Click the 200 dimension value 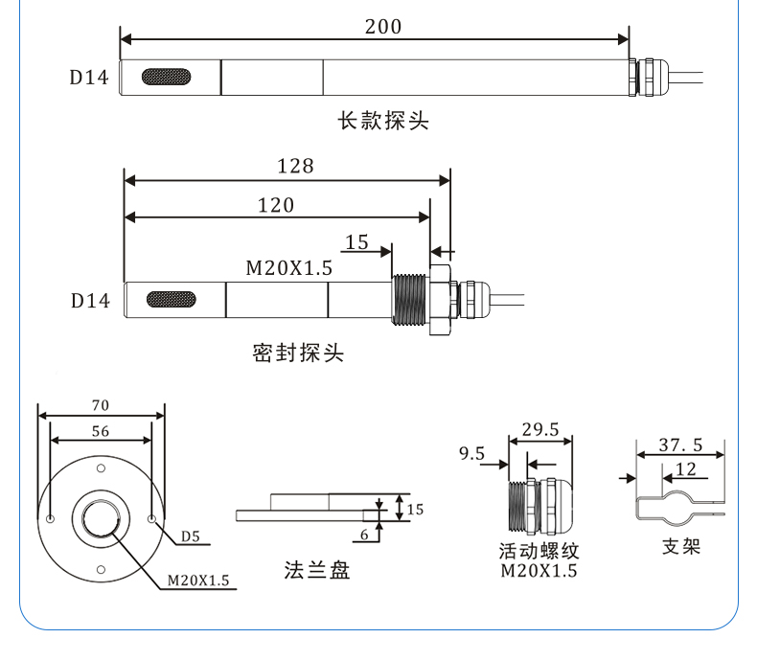(x=383, y=27)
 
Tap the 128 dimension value (x=295, y=166)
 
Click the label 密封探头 (x=298, y=353)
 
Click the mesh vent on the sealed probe (x=172, y=300)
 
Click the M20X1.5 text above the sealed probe (x=288, y=268)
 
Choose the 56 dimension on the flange (x=100, y=431)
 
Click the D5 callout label (x=190, y=536)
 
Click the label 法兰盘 (x=317, y=570)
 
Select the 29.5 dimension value (x=540, y=429)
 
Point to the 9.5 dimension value (x=472, y=453)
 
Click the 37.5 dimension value (x=680, y=444)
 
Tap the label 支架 (x=681, y=546)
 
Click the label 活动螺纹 (x=539, y=552)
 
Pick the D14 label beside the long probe (x=89, y=78)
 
